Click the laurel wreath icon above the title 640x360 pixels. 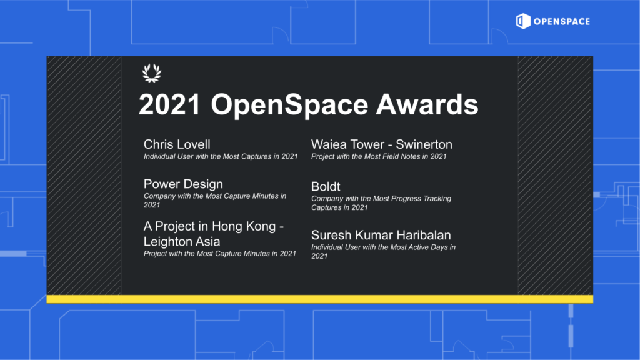[x=152, y=74]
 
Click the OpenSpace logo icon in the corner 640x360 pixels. [x=523, y=21]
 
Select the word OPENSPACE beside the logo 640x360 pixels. [x=562, y=22]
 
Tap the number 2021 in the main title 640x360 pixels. [x=169, y=104]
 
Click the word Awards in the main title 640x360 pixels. [x=427, y=104]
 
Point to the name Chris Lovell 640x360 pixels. [x=177, y=144]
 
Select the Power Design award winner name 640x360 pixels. [x=183, y=184]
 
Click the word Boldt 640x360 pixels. [x=326, y=186]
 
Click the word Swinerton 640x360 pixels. [x=424, y=144]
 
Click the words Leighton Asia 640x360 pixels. [x=182, y=242]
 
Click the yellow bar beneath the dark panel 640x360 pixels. [x=319, y=299]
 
